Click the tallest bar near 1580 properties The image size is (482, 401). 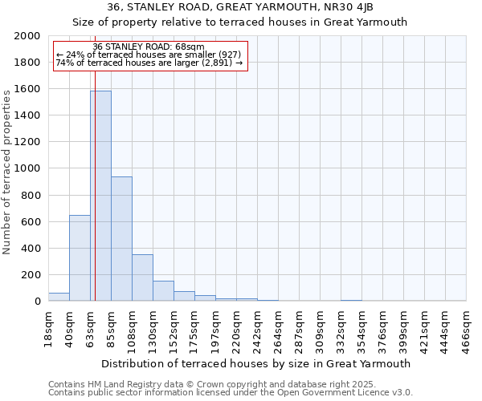[x=101, y=196]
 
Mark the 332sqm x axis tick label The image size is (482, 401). [x=341, y=328]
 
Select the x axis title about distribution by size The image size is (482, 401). [x=257, y=363]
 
